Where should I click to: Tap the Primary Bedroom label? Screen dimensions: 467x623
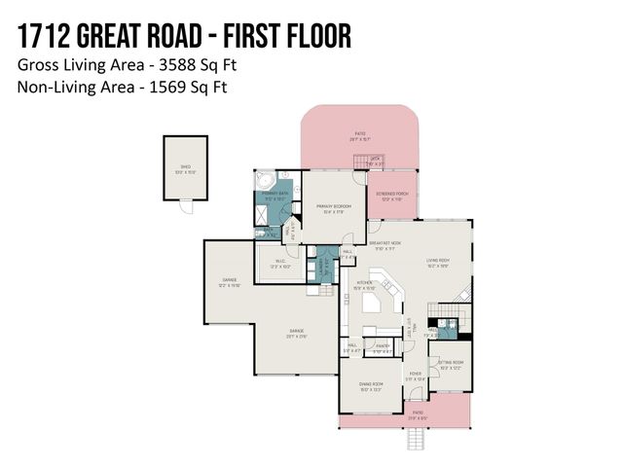tap(334, 208)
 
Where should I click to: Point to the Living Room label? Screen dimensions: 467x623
tap(436, 262)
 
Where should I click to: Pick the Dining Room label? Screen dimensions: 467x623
tap(370, 386)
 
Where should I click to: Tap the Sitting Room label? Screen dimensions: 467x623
tap(451, 365)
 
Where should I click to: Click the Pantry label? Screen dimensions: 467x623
tap(383, 346)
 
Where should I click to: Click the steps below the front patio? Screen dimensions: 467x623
tap(416, 441)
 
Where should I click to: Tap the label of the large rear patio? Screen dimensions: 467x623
tap(361, 137)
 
